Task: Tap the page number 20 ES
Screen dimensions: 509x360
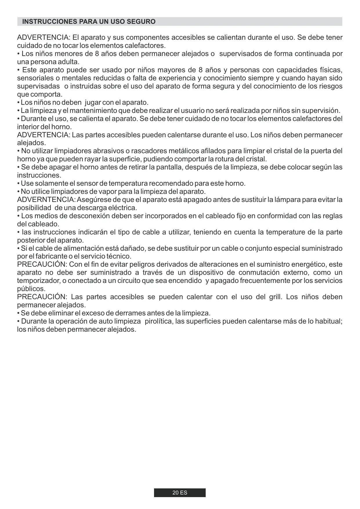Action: (180, 493)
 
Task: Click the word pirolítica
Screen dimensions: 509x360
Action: (159, 322)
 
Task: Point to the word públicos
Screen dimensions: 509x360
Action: (31, 289)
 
